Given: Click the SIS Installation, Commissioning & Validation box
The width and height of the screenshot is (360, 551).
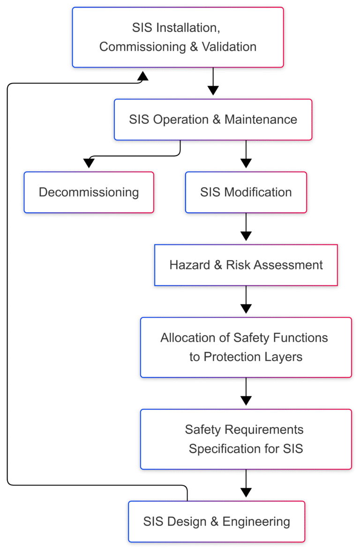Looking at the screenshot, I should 178,37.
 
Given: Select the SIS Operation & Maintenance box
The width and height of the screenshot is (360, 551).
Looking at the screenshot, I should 213,119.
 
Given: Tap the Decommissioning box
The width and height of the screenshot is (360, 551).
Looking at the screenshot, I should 89,192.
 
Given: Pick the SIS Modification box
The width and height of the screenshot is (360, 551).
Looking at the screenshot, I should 246,192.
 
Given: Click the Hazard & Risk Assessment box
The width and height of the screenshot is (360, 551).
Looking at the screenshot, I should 246,265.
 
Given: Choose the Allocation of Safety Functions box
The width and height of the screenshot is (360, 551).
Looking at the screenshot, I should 246,347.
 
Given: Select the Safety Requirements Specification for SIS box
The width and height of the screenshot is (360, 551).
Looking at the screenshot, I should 246,439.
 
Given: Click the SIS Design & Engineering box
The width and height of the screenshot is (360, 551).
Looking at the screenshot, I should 217,521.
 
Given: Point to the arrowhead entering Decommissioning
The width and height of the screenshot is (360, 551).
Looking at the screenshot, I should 89,163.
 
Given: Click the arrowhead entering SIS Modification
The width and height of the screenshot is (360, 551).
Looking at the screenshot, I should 246,163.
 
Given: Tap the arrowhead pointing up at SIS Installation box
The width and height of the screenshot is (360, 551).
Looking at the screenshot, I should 142,76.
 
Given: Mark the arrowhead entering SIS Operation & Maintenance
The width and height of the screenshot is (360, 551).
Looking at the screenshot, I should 213,91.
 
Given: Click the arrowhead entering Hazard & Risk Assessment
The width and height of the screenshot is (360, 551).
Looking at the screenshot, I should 246,236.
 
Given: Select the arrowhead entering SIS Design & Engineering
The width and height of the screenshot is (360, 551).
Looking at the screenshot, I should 246,492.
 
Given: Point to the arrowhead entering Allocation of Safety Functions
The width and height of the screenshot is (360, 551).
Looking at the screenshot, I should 246,309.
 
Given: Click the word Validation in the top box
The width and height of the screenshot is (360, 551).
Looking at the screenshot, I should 229,47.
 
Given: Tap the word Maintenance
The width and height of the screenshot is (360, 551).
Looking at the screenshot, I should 261,119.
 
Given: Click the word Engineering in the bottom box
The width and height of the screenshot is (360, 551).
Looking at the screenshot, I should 256,521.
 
